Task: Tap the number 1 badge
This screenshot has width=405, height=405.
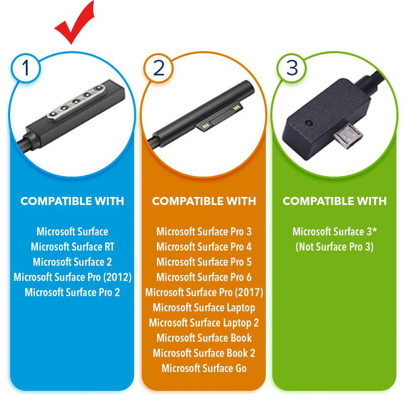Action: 26,68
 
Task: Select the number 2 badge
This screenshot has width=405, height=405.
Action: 158,68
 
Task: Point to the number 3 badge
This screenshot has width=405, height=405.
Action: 292,68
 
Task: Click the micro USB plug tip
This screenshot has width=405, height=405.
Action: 349,136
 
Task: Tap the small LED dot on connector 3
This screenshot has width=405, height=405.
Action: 309,123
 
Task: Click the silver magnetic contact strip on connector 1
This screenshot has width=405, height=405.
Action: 76,101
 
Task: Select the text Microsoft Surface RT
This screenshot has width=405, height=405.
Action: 72,247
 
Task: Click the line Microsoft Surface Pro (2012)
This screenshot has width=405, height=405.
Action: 72,277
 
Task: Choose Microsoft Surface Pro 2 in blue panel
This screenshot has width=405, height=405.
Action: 72,293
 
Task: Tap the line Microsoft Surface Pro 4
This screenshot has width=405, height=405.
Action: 204,247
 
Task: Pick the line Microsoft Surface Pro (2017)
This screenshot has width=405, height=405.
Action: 204,293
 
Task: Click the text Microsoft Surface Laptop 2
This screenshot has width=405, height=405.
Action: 204,323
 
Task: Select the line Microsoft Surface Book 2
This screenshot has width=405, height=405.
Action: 204,353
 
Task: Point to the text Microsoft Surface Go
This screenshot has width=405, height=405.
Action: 204,369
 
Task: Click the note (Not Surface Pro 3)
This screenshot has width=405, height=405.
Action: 335,247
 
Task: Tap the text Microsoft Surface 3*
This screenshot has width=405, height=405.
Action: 335,231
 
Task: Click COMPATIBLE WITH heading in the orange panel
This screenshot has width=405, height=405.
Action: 204,201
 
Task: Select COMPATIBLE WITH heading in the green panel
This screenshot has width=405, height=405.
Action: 335,201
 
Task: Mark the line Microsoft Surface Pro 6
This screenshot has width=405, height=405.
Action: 204,277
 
